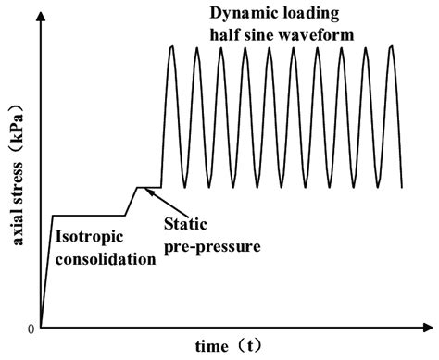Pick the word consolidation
click(106, 259)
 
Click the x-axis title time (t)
click(229, 345)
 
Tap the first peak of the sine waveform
click(172, 46)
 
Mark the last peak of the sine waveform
click(392, 46)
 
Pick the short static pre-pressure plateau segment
click(149, 187)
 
